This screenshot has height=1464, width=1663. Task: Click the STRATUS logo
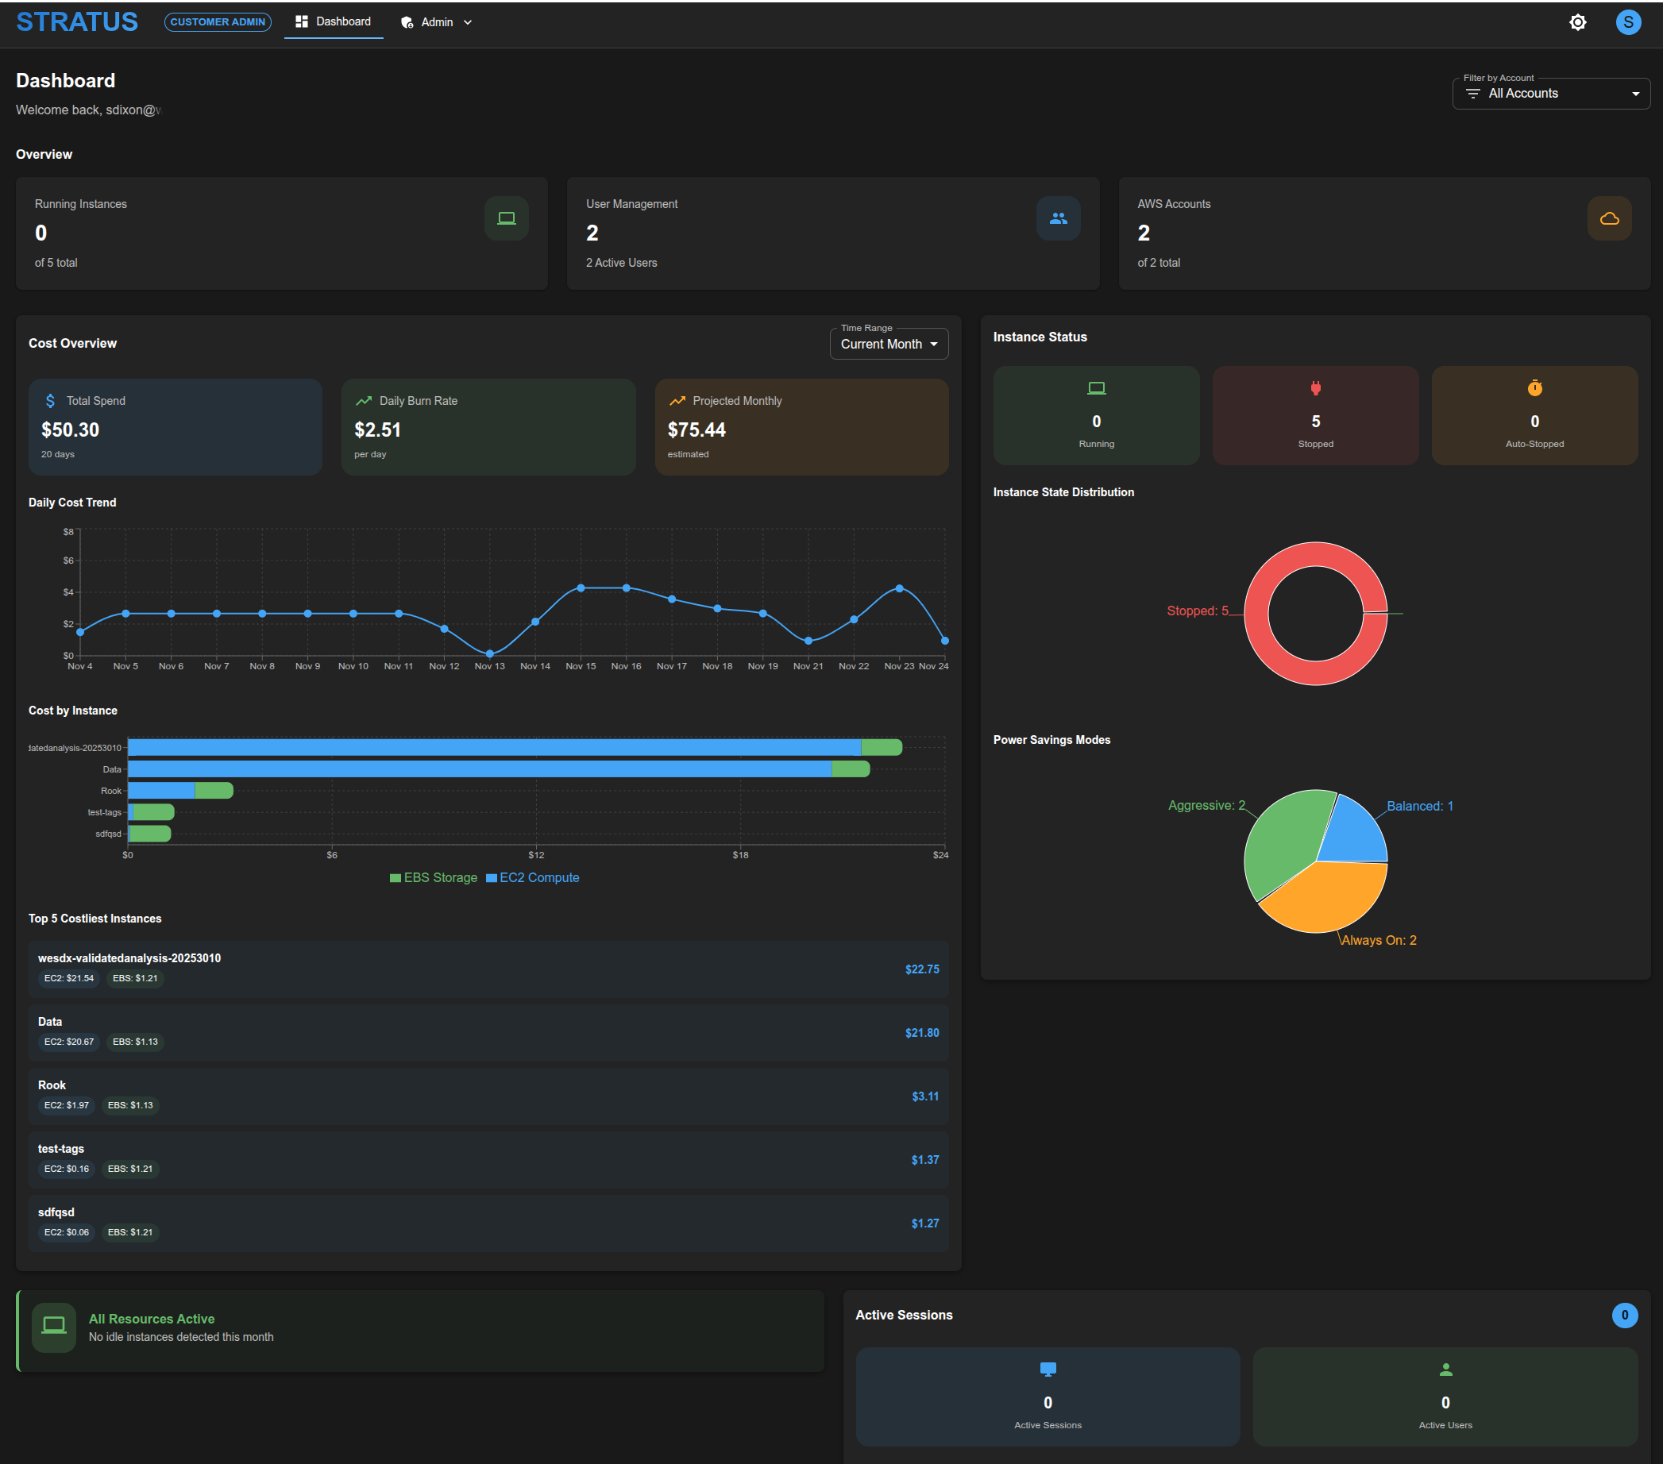pos(77,22)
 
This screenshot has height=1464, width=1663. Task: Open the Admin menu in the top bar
pos(436,23)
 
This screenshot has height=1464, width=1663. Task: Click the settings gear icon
pos(1576,23)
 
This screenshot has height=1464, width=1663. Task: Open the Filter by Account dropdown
pos(1550,94)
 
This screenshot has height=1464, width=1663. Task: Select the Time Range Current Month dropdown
pos(889,344)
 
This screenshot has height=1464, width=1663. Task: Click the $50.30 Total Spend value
pos(70,430)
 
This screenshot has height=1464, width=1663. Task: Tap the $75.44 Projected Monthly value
pos(696,430)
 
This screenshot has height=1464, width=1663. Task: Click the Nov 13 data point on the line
pos(490,654)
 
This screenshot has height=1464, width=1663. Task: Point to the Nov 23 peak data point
pos(899,588)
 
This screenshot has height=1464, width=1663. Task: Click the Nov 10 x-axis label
pos(353,666)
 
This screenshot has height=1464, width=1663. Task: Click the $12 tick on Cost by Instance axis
pos(536,855)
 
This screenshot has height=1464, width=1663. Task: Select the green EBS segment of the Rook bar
pos(214,791)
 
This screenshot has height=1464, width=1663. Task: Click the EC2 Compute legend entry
pos(533,877)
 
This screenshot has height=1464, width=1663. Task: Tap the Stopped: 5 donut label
pos(1197,611)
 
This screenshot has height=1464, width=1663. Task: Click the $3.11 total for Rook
pos(925,1096)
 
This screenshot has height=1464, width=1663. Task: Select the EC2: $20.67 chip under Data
pos(69,1042)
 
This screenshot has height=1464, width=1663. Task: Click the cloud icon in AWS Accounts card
pos(1608,219)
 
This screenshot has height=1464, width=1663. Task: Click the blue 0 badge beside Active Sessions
pos(1624,1316)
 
